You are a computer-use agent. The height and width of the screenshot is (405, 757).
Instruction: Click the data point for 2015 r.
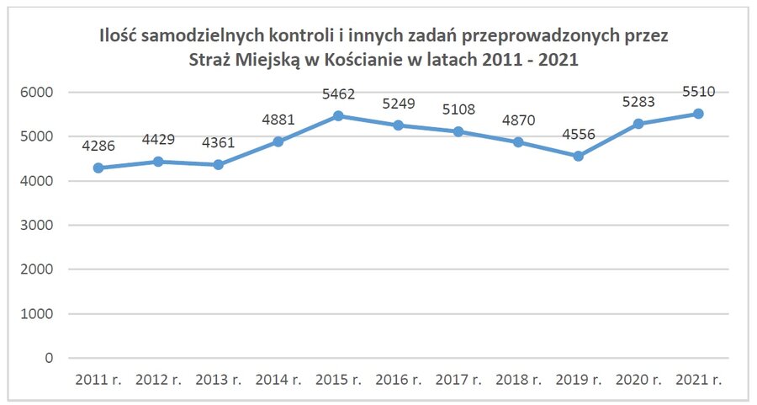tap(338, 116)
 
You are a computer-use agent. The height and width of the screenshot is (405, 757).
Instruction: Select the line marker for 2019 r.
tap(578, 156)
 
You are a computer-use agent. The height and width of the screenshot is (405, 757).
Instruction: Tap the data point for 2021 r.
tap(698, 114)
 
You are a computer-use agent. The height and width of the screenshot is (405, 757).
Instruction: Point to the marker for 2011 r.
tap(98, 168)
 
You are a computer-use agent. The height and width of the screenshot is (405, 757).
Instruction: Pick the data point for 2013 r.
tap(218, 165)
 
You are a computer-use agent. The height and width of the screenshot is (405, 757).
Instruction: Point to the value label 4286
tap(98, 147)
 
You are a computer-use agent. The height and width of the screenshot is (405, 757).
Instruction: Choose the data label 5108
tap(458, 110)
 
